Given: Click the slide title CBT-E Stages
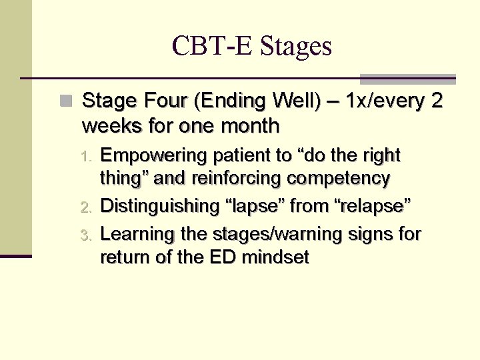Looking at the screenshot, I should [x=251, y=46].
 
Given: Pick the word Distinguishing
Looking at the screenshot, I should [x=159, y=207].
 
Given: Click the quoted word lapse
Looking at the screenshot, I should [x=255, y=207].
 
